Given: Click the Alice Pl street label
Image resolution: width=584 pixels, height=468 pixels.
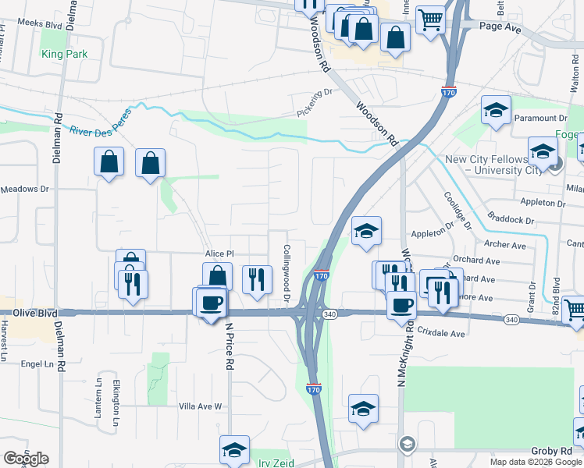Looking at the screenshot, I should click(x=219, y=254).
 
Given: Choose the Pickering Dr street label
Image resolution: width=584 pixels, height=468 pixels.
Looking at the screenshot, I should click(x=314, y=103).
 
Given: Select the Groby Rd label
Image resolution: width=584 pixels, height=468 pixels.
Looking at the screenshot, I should click(x=552, y=451).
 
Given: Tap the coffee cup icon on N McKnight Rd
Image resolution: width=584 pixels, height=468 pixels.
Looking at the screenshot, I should click(x=402, y=304).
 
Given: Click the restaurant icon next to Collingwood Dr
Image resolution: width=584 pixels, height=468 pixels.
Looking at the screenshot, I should click(x=256, y=279).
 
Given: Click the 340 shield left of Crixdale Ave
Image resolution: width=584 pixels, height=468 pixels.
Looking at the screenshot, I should click(x=329, y=314).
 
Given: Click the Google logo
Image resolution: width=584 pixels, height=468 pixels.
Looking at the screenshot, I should click(x=26, y=459).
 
